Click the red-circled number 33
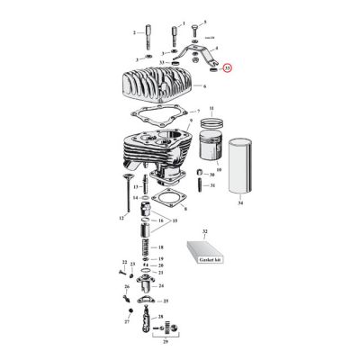point(227,67)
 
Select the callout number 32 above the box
point(204,232)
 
